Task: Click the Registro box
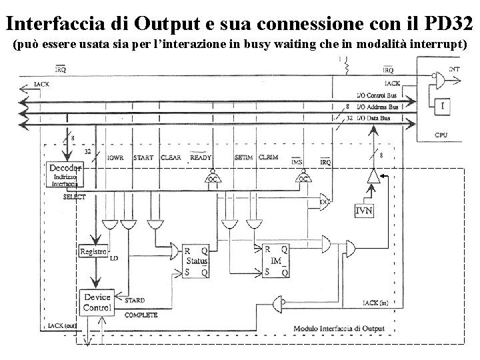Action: [x=93, y=251]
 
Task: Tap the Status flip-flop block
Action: [x=197, y=259]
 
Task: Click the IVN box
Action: [x=364, y=212]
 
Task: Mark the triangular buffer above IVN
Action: [x=373, y=176]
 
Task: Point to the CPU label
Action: [x=442, y=135]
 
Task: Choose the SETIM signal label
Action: [x=244, y=159]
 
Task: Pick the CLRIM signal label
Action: [x=269, y=159]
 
